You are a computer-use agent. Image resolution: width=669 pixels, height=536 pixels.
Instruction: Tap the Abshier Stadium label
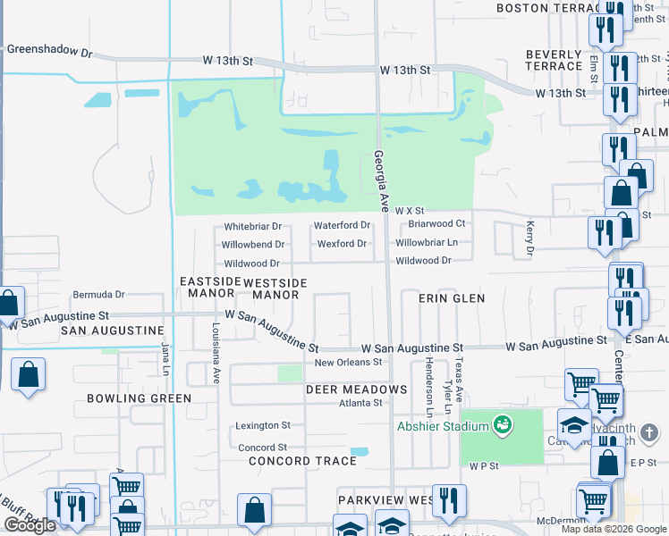(444, 426)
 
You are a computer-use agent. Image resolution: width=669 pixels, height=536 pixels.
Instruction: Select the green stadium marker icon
(504, 425)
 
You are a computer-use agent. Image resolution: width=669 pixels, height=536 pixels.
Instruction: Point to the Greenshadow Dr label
(50, 52)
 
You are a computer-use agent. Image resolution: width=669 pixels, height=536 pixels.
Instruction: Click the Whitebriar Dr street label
(252, 226)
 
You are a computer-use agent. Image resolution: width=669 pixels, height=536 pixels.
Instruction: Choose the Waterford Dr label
(342, 226)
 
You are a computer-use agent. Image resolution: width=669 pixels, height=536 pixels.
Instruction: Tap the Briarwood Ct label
(436, 223)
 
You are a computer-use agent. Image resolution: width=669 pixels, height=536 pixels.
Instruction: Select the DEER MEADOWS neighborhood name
(357, 389)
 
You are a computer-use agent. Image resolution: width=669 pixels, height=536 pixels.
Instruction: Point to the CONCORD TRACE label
(302, 461)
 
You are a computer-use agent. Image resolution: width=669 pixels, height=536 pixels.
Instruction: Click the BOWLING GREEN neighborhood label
(139, 398)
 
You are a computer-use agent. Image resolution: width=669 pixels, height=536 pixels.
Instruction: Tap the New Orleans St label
(348, 363)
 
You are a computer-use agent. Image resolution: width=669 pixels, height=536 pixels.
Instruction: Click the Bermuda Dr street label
(99, 294)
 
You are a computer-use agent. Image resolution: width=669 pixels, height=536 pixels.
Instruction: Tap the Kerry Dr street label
(529, 239)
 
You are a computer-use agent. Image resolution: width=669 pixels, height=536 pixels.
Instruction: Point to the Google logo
(30, 525)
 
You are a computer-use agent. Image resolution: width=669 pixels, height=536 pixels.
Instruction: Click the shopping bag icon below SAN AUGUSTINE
(28, 376)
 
